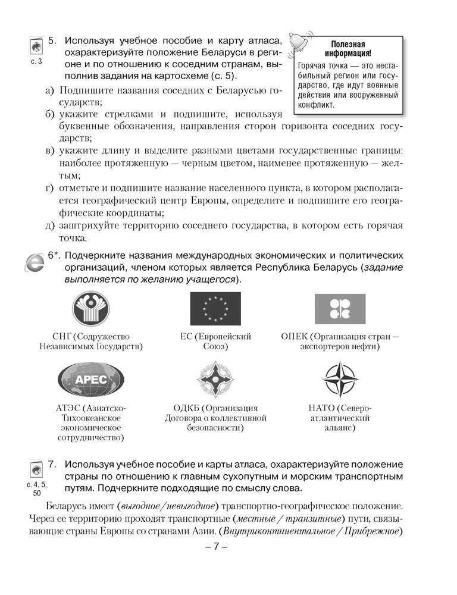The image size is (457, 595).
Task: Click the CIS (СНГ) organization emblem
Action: point(90,308)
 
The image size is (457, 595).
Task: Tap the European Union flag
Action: point(215,308)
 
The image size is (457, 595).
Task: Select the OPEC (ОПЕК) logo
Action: point(340,308)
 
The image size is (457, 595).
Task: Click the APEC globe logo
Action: point(90,379)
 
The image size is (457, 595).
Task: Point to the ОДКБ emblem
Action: point(215,379)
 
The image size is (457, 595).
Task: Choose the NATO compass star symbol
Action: point(340,379)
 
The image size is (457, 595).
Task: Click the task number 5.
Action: point(52,41)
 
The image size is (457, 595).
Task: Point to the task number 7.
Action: point(52,464)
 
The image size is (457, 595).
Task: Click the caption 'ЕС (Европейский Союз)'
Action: point(215,341)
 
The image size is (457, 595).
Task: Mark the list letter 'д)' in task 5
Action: point(50,226)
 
